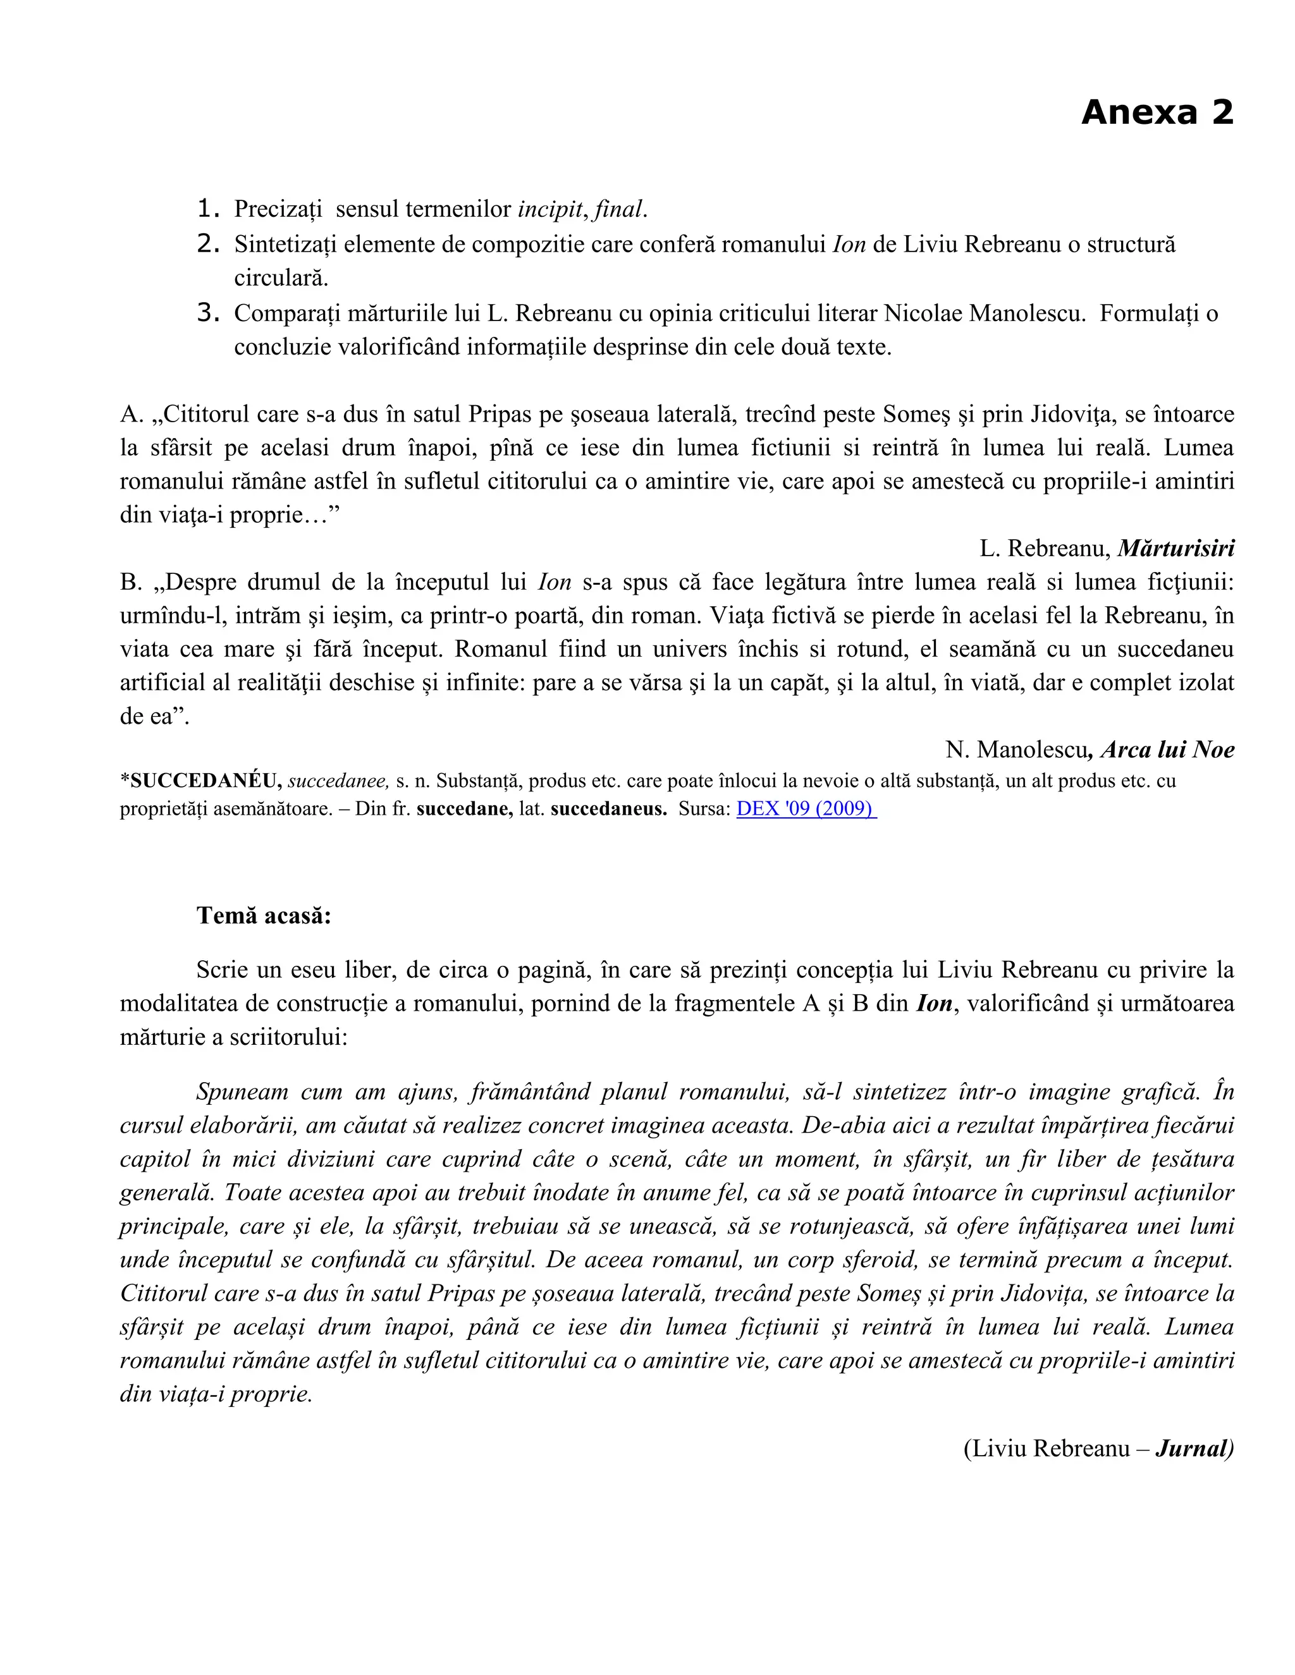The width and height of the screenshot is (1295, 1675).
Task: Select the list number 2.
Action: click(x=208, y=244)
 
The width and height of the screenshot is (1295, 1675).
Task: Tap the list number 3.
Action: click(x=208, y=313)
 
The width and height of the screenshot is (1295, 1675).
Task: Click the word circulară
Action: click(x=281, y=277)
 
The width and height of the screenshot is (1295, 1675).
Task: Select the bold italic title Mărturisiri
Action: click(x=1175, y=549)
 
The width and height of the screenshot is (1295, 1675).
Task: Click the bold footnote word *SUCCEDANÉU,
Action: click(x=201, y=781)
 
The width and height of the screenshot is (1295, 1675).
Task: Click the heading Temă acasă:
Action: click(x=264, y=916)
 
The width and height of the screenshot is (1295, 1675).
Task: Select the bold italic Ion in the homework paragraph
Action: click(x=934, y=1004)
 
